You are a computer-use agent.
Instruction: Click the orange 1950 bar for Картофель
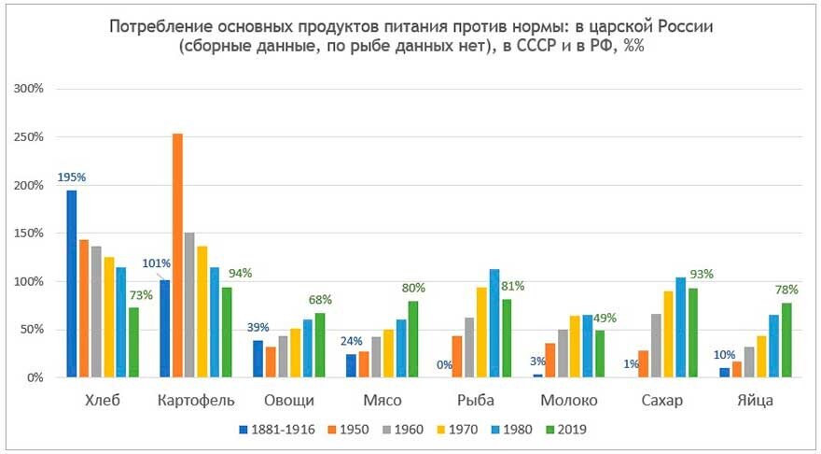pyautogui.click(x=177, y=256)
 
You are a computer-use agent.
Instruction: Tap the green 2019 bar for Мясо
pyautogui.click(x=412, y=339)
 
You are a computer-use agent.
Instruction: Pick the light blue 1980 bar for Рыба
pyautogui.click(x=495, y=323)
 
